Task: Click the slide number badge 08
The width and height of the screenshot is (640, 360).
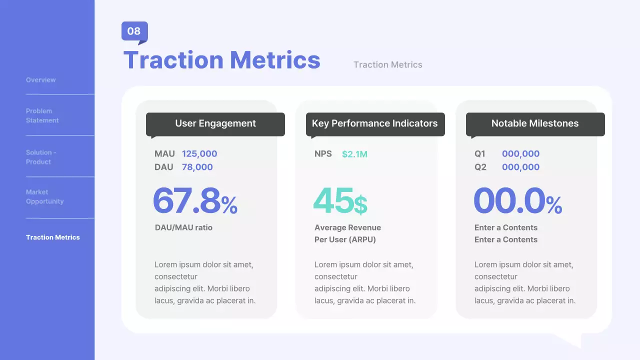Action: click(x=134, y=31)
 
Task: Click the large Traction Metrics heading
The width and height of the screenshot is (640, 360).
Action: click(x=221, y=60)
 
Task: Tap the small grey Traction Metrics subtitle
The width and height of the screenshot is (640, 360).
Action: click(x=387, y=64)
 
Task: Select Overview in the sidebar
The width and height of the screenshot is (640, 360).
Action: click(x=41, y=80)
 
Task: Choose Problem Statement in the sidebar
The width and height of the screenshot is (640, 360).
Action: click(x=42, y=115)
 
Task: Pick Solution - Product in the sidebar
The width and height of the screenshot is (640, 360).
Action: click(x=41, y=157)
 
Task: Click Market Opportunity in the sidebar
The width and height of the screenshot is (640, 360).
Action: click(x=45, y=196)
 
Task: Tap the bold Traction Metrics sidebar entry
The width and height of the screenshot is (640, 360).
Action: click(x=53, y=237)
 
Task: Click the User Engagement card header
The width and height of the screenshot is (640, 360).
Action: click(x=215, y=123)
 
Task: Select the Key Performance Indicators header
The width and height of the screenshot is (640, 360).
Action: click(x=375, y=123)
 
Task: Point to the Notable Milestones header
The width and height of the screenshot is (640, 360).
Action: click(x=535, y=123)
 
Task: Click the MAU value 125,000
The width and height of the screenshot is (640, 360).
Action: click(x=199, y=154)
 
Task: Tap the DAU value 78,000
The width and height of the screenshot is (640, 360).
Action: click(x=197, y=167)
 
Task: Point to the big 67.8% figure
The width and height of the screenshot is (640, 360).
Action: click(x=195, y=201)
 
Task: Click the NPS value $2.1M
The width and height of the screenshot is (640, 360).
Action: click(x=354, y=154)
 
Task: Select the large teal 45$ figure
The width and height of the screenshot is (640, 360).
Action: click(x=340, y=201)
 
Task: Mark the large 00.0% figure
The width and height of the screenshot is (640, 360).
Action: click(x=517, y=201)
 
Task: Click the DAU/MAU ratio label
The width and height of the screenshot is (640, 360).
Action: click(x=183, y=227)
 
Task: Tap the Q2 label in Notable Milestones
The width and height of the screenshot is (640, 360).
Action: click(x=480, y=167)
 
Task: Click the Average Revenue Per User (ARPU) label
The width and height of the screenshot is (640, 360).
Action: click(x=347, y=233)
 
